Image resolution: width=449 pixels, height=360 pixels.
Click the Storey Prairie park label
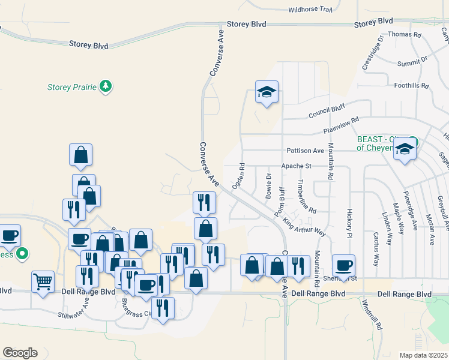pos(72,87)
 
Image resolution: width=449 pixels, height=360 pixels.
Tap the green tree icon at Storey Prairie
pos(106,87)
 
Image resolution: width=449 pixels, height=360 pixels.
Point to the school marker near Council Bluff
pos(267,92)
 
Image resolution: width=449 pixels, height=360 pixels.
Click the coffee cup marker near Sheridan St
pos(344,265)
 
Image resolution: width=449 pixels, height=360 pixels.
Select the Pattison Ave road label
pos(305,151)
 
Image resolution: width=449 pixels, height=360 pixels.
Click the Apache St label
pos(297,166)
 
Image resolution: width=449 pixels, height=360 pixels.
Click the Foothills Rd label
pos(411,86)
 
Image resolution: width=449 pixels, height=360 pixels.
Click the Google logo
pos(20,353)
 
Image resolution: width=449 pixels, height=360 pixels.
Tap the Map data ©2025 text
pos(423,355)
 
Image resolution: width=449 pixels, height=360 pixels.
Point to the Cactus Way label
pos(377,251)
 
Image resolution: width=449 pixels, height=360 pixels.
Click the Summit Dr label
pos(412,61)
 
